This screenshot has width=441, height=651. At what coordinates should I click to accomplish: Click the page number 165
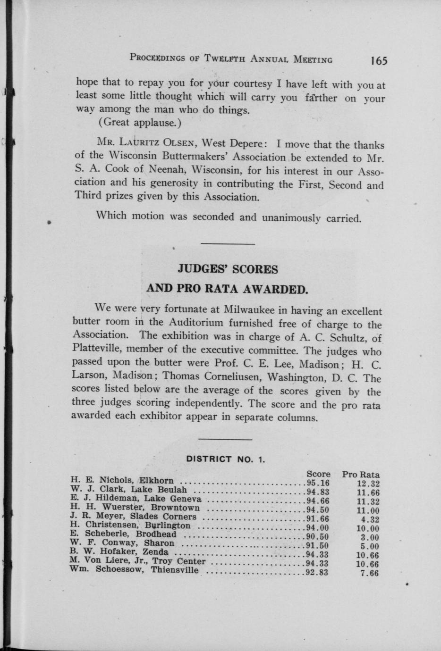point(379,61)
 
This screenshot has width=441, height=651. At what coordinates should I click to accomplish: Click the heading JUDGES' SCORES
point(228,269)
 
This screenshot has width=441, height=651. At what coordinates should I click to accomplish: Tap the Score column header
point(318,474)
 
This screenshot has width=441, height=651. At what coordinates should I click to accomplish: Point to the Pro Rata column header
point(361,475)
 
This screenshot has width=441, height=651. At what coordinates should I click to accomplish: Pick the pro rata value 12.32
point(368,484)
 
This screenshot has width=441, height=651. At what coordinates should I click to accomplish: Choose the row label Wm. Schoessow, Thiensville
point(134,569)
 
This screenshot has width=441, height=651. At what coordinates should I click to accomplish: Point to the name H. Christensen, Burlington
point(130,525)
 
